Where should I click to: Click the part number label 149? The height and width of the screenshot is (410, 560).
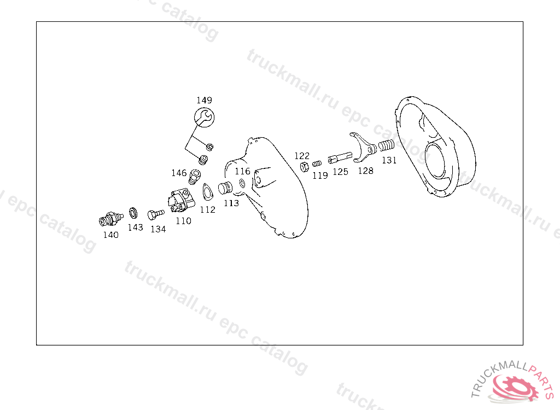[205, 100]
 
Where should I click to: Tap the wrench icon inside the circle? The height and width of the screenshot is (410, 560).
[204, 117]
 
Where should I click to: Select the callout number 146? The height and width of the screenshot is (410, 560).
[179, 173]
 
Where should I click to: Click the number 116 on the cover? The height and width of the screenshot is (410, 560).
[242, 171]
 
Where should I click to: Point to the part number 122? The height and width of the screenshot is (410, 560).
[302, 156]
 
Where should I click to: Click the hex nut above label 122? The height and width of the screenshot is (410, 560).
[304, 166]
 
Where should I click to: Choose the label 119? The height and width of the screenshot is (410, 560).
[320, 175]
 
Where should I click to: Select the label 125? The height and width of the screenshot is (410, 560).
[340, 172]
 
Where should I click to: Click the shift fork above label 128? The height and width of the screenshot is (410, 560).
[363, 148]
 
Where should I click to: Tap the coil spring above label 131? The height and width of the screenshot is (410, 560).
[386, 145]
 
